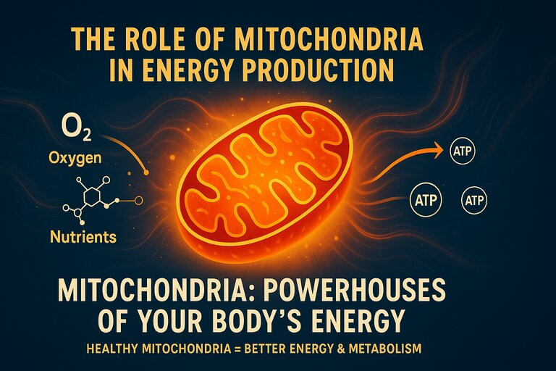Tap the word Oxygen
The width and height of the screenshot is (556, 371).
75,159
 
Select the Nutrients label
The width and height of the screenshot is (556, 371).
84,236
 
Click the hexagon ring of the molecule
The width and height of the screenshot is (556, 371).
91,196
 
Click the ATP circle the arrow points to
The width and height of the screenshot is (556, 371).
463,151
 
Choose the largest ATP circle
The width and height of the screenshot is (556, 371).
426,200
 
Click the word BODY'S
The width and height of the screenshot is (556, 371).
264,320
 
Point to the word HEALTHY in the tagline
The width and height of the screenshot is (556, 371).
112,349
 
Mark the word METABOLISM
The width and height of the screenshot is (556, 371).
385,349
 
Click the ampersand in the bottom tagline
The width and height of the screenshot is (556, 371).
340,349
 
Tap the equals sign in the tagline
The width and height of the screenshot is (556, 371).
237,349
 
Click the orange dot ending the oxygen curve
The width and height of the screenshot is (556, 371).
146,172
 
